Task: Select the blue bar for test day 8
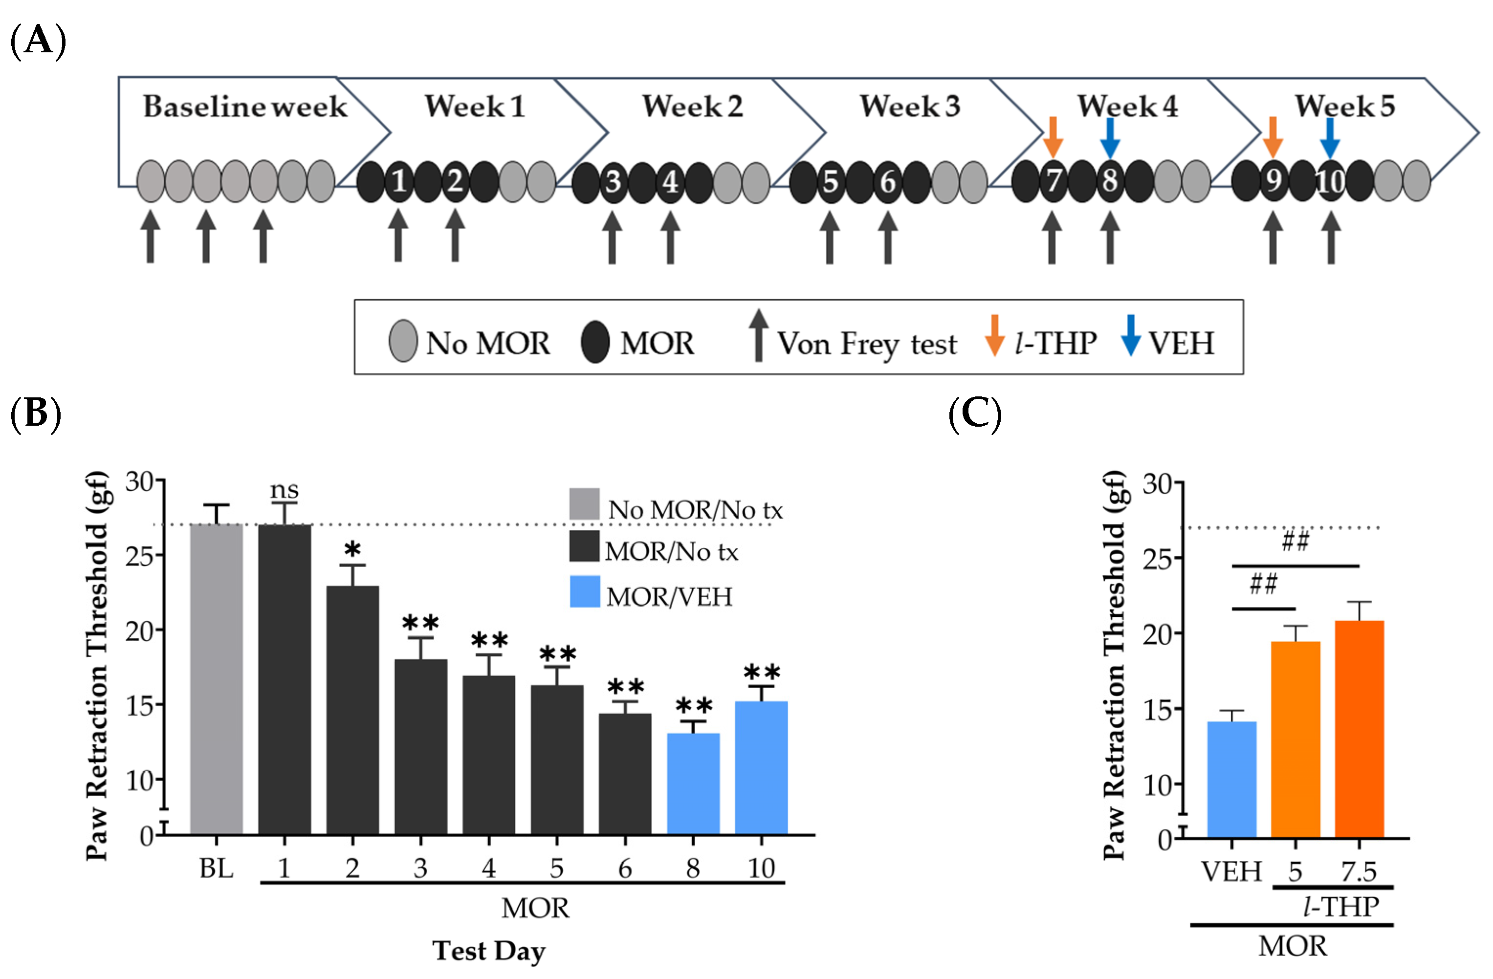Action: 693,783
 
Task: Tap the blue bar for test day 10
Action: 761,768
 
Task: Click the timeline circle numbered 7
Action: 1053,181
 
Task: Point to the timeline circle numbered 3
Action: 613,182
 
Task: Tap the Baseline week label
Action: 244,106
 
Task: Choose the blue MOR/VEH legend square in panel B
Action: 585,591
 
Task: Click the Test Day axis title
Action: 489,951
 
